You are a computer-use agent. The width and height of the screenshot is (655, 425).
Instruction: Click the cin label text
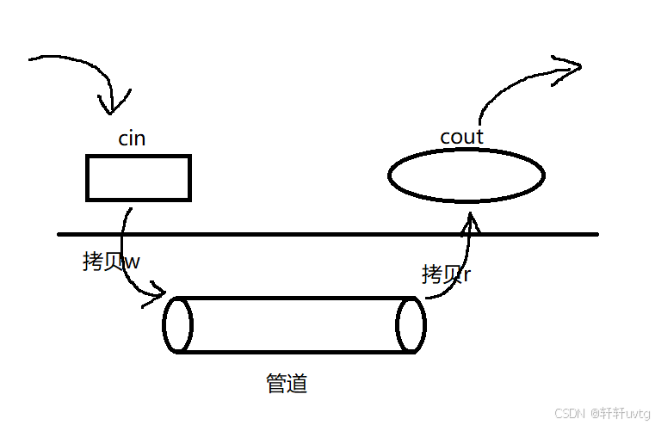click(131, 139)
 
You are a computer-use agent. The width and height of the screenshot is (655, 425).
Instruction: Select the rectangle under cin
click(138, 178)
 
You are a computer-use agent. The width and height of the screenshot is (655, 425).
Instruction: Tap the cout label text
click(461, 137)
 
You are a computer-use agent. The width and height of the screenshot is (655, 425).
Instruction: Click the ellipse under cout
click(467, 176)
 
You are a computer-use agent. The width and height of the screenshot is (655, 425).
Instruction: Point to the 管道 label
click(287, 383)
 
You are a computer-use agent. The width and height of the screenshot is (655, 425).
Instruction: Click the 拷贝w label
click(111, 262)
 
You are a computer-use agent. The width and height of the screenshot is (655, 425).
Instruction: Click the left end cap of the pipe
click(178, 325)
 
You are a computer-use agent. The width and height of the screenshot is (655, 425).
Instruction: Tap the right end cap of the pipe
click(411, 325)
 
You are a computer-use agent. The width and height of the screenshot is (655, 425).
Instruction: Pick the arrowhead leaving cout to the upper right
click(569, 65)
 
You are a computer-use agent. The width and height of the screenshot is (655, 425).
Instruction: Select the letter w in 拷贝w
click(132, 262)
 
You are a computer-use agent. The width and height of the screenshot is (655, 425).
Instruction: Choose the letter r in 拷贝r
click(467, 275)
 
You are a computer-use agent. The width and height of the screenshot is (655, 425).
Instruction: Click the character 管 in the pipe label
click(276, 383)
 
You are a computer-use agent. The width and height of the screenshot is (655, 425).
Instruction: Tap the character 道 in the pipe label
click(297, 383)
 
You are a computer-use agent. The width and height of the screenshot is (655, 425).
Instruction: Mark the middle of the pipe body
click(294, 325)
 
